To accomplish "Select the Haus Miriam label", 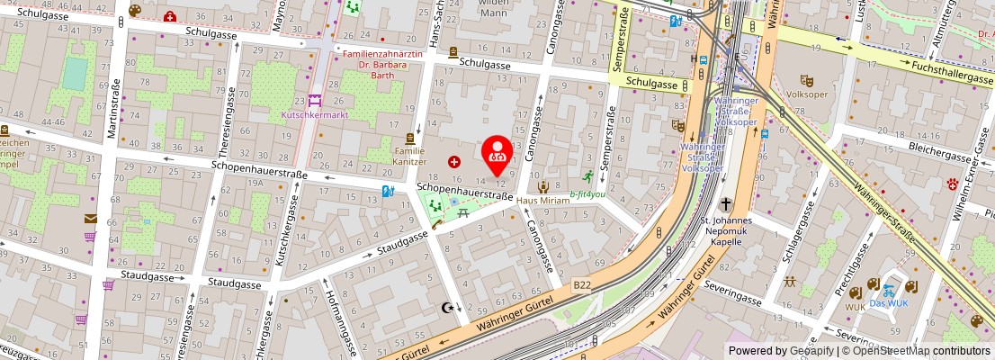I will click(x=542, y=200).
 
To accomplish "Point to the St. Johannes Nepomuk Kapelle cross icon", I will click(x=726, y=203).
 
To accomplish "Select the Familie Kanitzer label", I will click(x=409, y=156).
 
